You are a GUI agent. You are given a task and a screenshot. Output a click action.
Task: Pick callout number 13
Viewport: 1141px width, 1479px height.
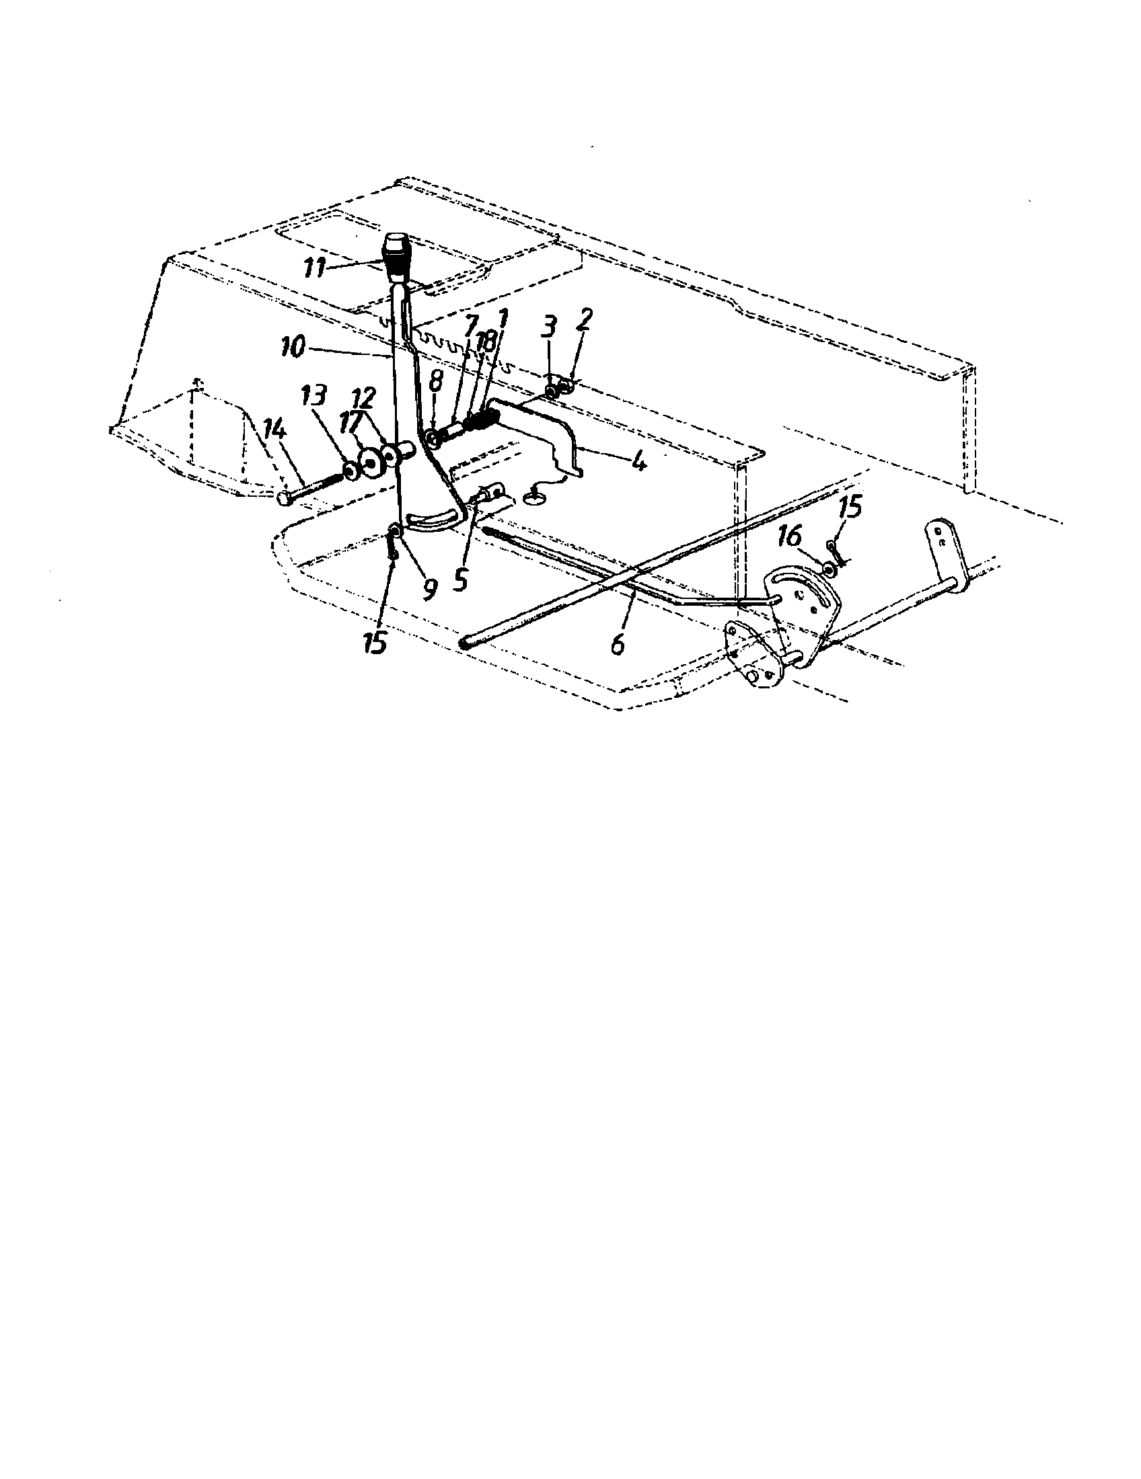pos(316,398)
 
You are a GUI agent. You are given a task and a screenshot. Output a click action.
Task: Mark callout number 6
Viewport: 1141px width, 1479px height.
pos(616,643)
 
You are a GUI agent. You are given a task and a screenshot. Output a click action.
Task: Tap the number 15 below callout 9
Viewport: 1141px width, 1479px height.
pos(375,642)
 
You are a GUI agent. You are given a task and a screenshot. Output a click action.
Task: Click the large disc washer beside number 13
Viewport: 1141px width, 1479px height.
pos(371,463)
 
